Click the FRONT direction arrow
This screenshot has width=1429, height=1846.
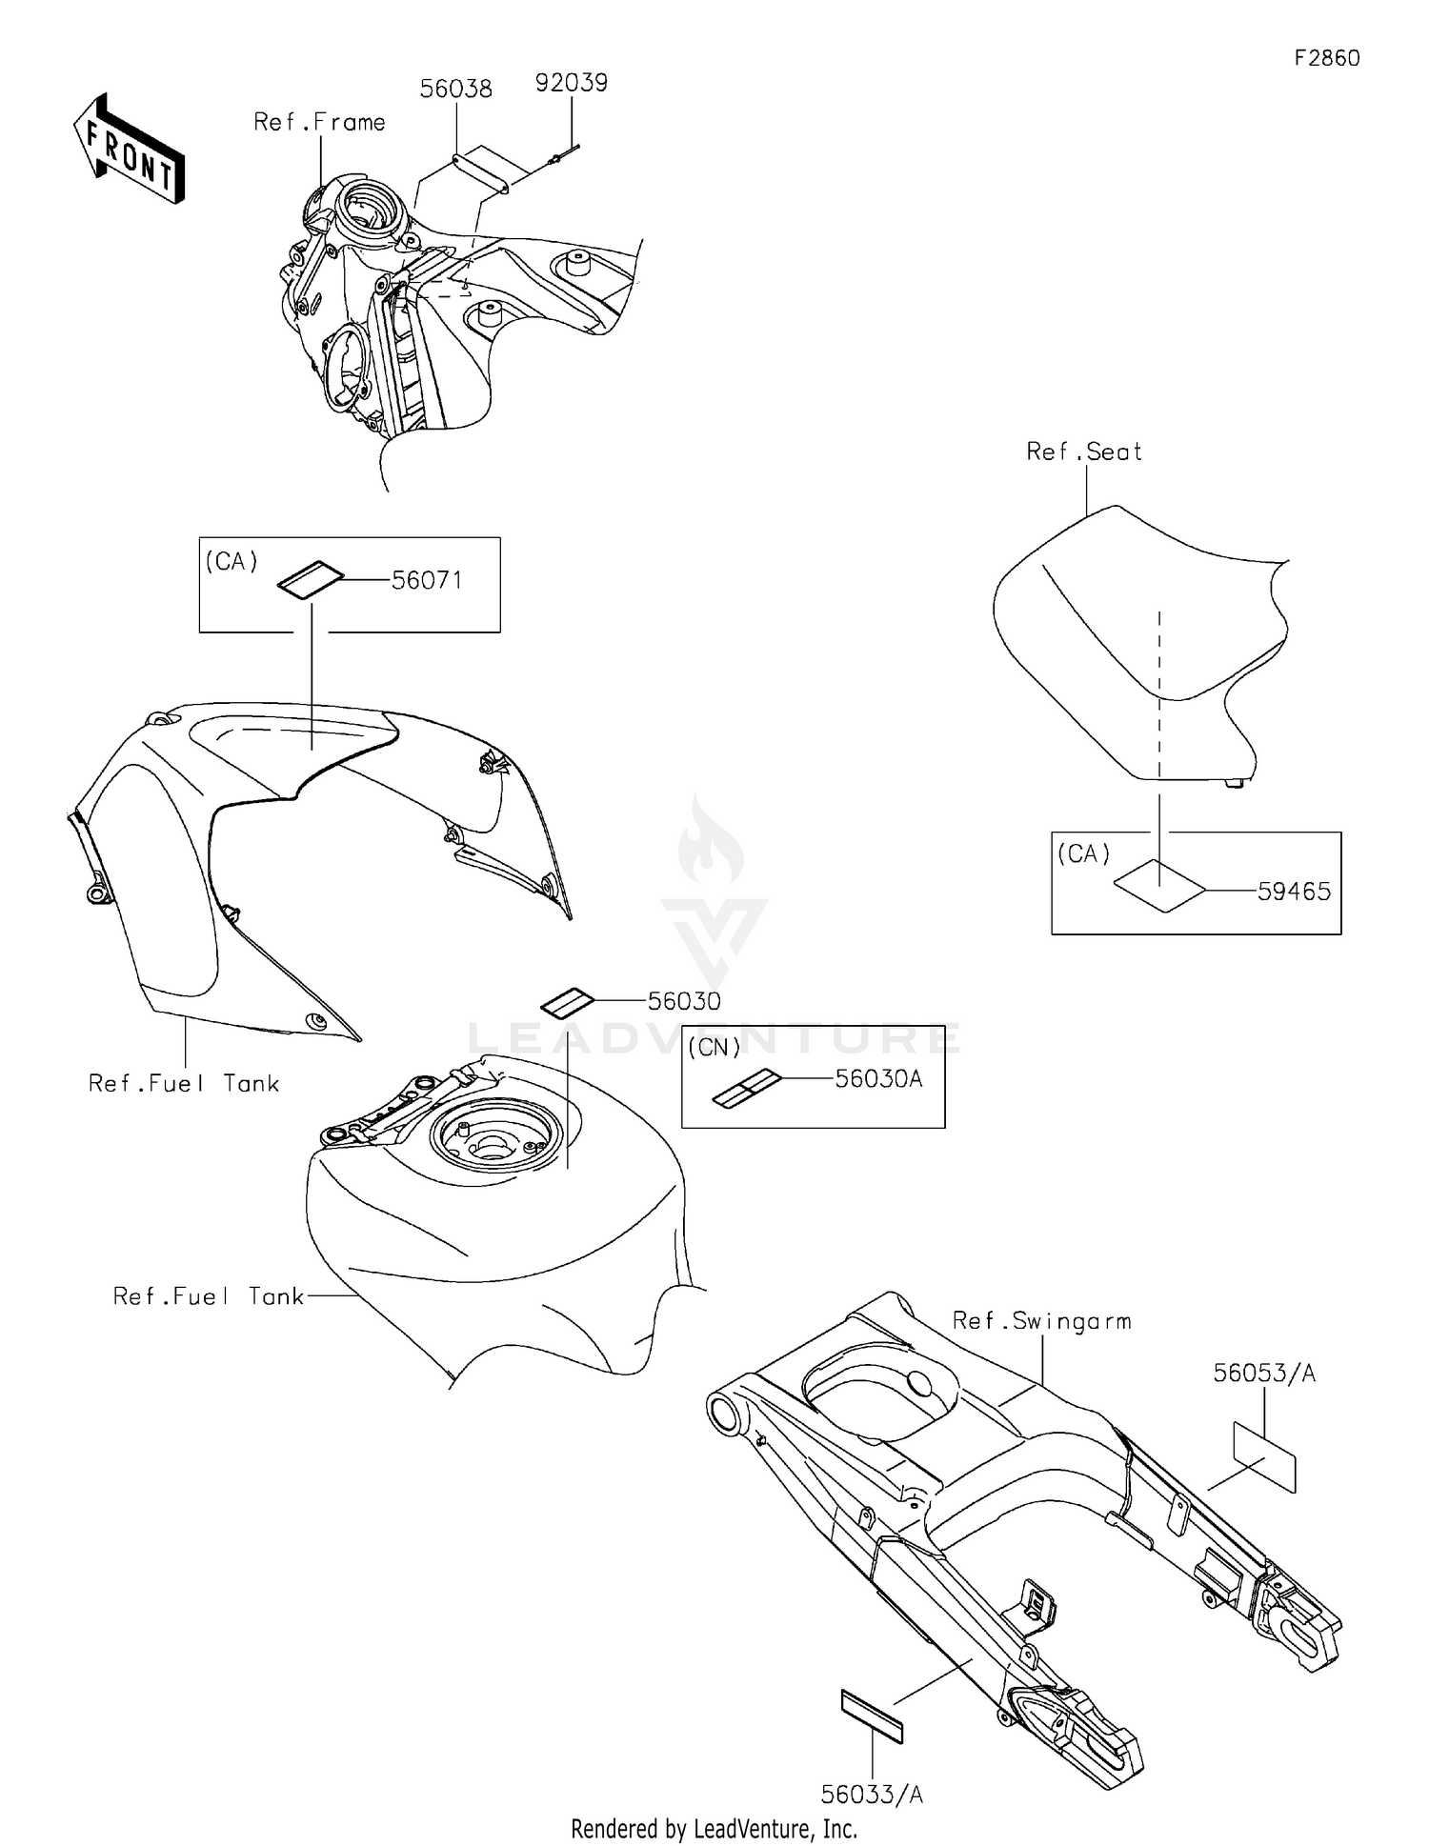[x=130, y=149]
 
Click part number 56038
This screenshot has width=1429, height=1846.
[x=456, y=90]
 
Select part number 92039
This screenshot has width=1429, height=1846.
[x=572, y=83]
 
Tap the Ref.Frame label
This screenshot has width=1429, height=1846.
[x=319, y=123]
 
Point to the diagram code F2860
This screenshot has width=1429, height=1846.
[x=1327, y=58]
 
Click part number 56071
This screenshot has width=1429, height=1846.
[x=427, y=580]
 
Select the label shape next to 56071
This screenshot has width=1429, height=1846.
[x=310, y=580]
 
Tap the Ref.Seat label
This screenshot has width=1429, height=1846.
[x=1084, y=451]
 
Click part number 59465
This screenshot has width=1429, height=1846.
[x=1294, y=892]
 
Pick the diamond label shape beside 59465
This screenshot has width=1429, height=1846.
[x=1159, y=886]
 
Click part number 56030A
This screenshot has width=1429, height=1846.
[x=878, y=1079]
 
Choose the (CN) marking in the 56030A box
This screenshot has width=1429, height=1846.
[x=714, y=1048]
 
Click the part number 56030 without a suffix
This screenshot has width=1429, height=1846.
[x=684, y=1001]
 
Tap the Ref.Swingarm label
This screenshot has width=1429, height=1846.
[x=1042, y=1321]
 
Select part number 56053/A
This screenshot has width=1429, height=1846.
[x=1264, y=1373]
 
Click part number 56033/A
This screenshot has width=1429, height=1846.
[x=872, y=1795]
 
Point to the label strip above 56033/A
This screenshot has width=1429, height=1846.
[x=872, y=1716]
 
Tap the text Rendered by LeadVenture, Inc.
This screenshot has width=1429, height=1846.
[x=714, y=1829]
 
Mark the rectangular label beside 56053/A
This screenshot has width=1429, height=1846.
[x=1264, y=1456]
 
